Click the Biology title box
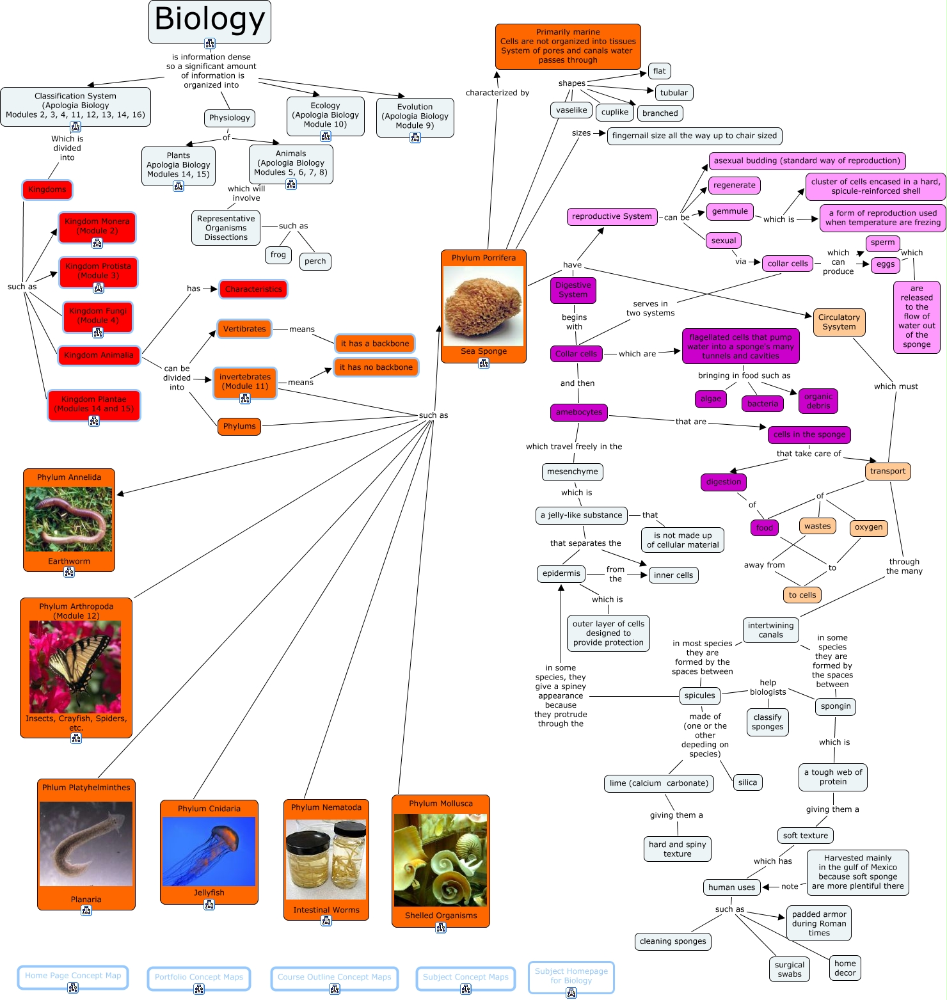coord(210,20)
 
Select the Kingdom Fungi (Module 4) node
coord(98,316)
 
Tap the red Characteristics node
coord(253,289)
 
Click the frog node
coord(278,255)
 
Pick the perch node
coord(315,261)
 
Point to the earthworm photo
coord(69,519)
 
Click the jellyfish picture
coord(209,851)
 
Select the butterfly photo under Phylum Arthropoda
coord(76,667)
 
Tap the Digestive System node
coord(573,290)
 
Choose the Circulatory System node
coord(839,322)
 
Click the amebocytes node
coord(578,412)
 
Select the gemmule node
coord(729,211)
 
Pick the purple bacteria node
coord(763,404)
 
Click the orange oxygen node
coord(868,527)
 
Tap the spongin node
coord(836,706)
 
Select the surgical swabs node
coord(790,969)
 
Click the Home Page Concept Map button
coord(73,976)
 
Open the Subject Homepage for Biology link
coord(571,976)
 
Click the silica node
coord(747,782)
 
